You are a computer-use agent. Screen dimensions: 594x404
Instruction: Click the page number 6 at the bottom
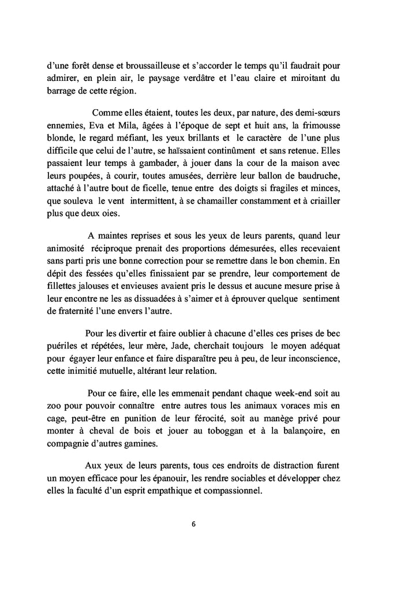click(x=194, y=524)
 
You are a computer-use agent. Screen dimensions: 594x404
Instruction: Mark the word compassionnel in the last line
click(x=233, y=491)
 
